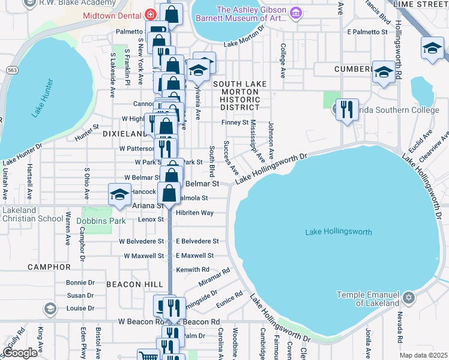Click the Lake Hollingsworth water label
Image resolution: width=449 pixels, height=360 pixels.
point(339,232)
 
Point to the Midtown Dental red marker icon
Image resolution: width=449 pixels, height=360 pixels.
point(151,14)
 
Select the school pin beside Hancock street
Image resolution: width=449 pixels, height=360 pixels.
point(119,194)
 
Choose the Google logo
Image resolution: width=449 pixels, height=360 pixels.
point(20,352)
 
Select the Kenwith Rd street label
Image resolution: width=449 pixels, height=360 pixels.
point(193,270)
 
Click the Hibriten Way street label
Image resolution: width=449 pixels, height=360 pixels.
point(194,212)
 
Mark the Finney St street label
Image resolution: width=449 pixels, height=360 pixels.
point(235,122)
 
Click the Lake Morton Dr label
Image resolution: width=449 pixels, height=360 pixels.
point(244,43)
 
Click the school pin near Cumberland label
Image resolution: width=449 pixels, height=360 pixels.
point(384,73)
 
